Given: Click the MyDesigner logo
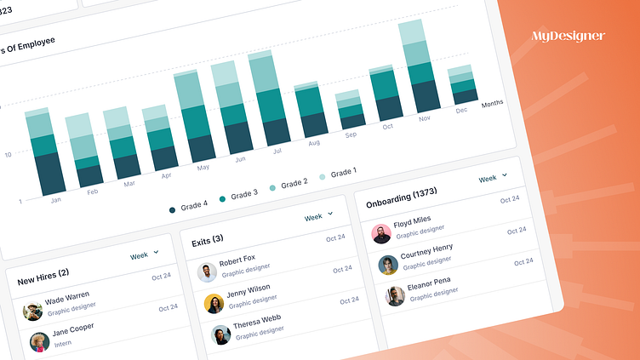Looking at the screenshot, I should point(568,36).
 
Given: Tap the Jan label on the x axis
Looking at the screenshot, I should point(56,200).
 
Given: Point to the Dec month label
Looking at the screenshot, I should point(462,111).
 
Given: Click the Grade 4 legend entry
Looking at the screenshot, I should point(189,207).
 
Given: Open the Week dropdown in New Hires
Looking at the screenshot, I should point(144,254).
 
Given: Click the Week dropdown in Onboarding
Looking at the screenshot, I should point(493,179).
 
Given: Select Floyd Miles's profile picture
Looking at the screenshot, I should point(381,233).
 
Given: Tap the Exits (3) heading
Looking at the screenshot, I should point(206,239).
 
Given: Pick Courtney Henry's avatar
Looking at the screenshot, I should point(388,265).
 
